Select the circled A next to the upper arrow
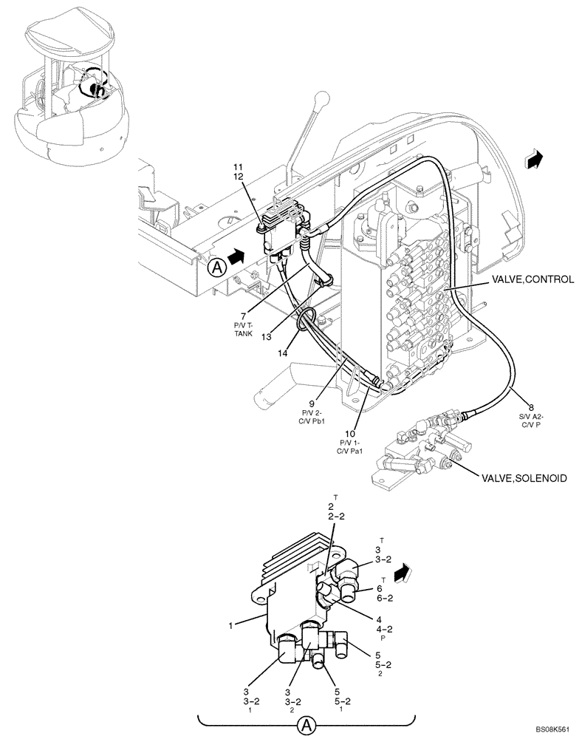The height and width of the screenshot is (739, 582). (216, 267)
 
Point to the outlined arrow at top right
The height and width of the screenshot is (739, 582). (532, 157)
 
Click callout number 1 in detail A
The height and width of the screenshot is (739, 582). (231, 626)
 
